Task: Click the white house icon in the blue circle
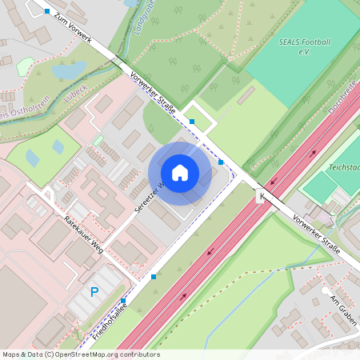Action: click(x=180, y=172)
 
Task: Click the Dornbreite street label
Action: click(x=342, y=105)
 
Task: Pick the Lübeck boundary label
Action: click(x=74, y=91)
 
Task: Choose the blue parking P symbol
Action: click(x=94, y=293)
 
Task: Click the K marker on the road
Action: click(x=260, y=195)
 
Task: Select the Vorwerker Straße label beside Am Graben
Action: click(x=317, y=234)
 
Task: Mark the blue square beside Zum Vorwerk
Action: click(x=47, y=11)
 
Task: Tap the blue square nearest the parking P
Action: click(x=123, y=301)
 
